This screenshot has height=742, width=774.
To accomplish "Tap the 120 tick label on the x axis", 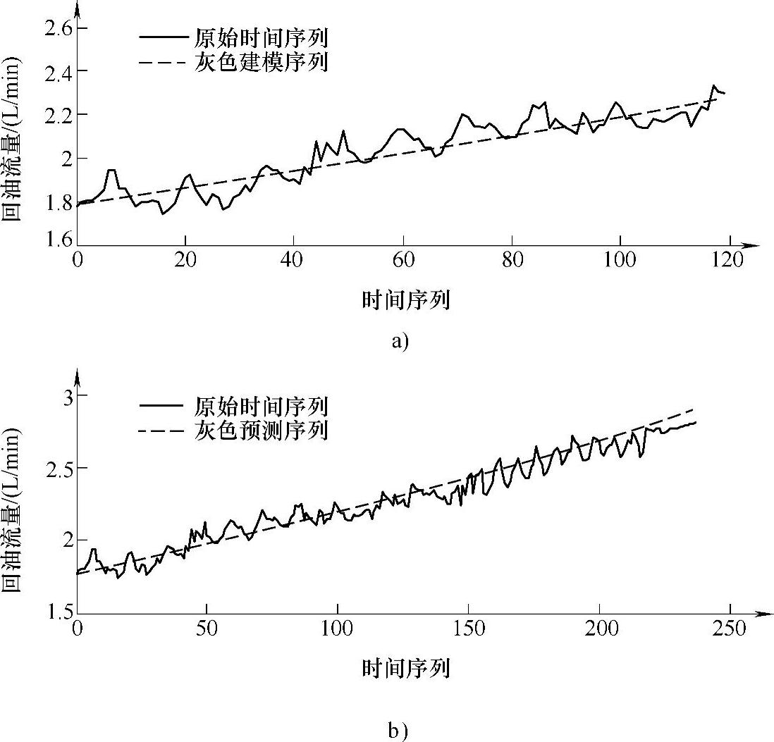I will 728,260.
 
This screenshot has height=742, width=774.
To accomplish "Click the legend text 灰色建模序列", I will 260,63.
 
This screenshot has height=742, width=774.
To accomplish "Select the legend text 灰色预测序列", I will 260,430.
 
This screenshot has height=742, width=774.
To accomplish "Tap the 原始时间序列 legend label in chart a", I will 260,37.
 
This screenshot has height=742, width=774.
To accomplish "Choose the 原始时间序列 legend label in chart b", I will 260,406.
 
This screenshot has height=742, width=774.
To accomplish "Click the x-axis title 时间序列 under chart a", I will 406,301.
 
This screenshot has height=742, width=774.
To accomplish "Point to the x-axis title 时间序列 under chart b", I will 406,668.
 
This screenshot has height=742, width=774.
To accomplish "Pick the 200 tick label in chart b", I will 599,628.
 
